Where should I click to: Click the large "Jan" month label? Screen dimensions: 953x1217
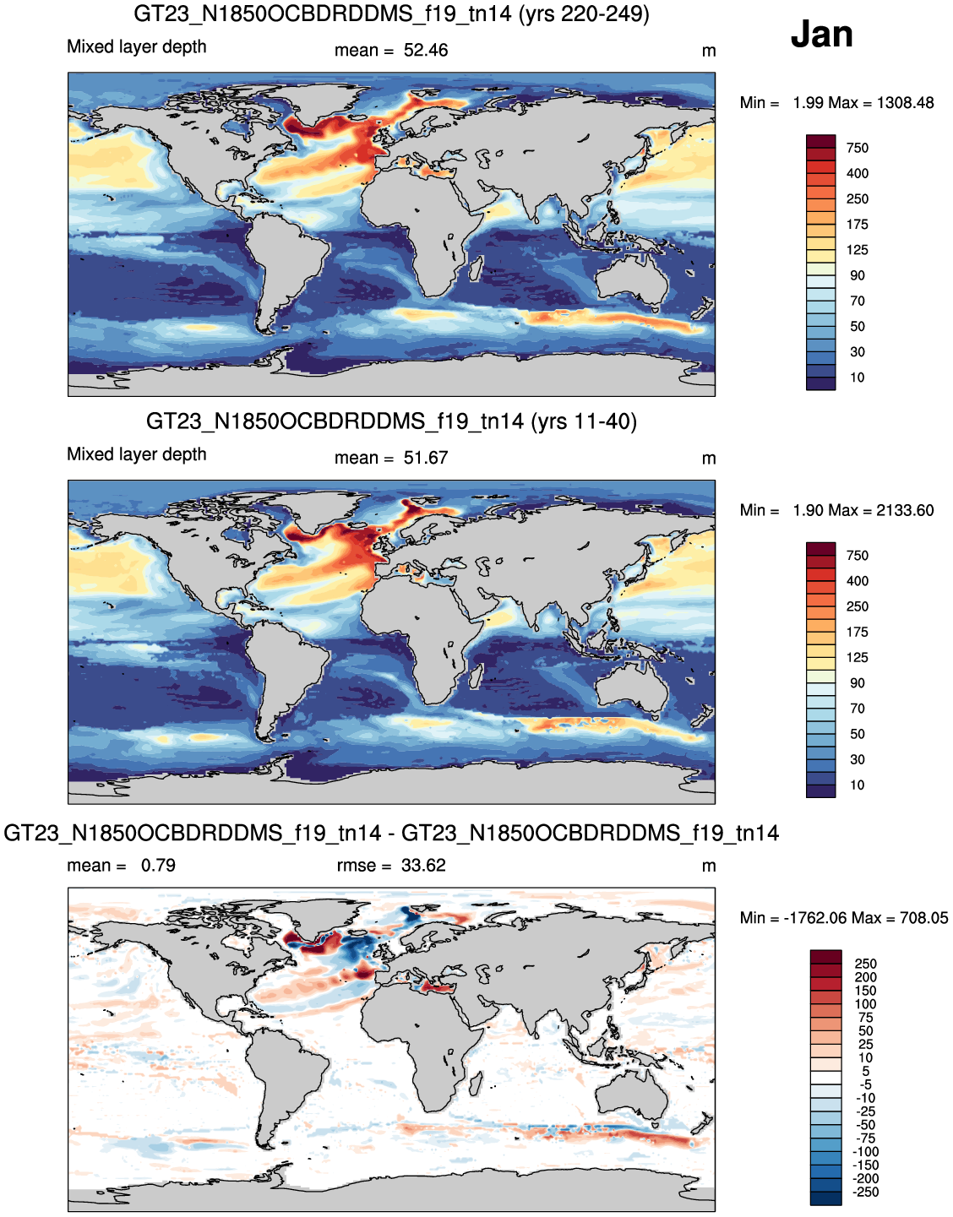(x=821, y=34)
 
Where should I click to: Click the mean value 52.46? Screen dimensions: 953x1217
(x=426, y=51)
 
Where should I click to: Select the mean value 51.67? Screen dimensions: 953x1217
(x=426, y=458)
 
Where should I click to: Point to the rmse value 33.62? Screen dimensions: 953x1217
(x=423, y=866)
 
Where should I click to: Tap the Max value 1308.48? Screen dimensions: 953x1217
(x=906, y=103)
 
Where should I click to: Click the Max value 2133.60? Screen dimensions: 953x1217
(x=906, y=510)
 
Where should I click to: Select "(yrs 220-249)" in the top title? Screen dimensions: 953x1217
(x=584, y=14)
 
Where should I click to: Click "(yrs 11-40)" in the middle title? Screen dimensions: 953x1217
(x=583, y=421)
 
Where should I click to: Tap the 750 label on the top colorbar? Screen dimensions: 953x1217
(x=858, y=148)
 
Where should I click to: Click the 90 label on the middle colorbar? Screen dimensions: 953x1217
(x=858, y=682)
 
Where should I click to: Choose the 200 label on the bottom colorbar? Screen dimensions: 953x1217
(x=866, y=977)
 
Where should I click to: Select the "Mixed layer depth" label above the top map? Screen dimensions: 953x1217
(x=137, y=47)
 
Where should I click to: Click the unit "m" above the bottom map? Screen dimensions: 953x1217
(x=709, y=867)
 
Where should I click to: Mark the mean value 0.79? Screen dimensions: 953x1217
(x=158, y=866)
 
